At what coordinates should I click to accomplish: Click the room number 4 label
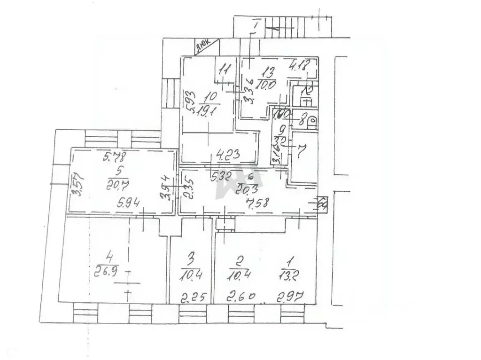click(x=110, y=257)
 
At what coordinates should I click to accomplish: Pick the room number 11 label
click(x=225, y=70)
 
